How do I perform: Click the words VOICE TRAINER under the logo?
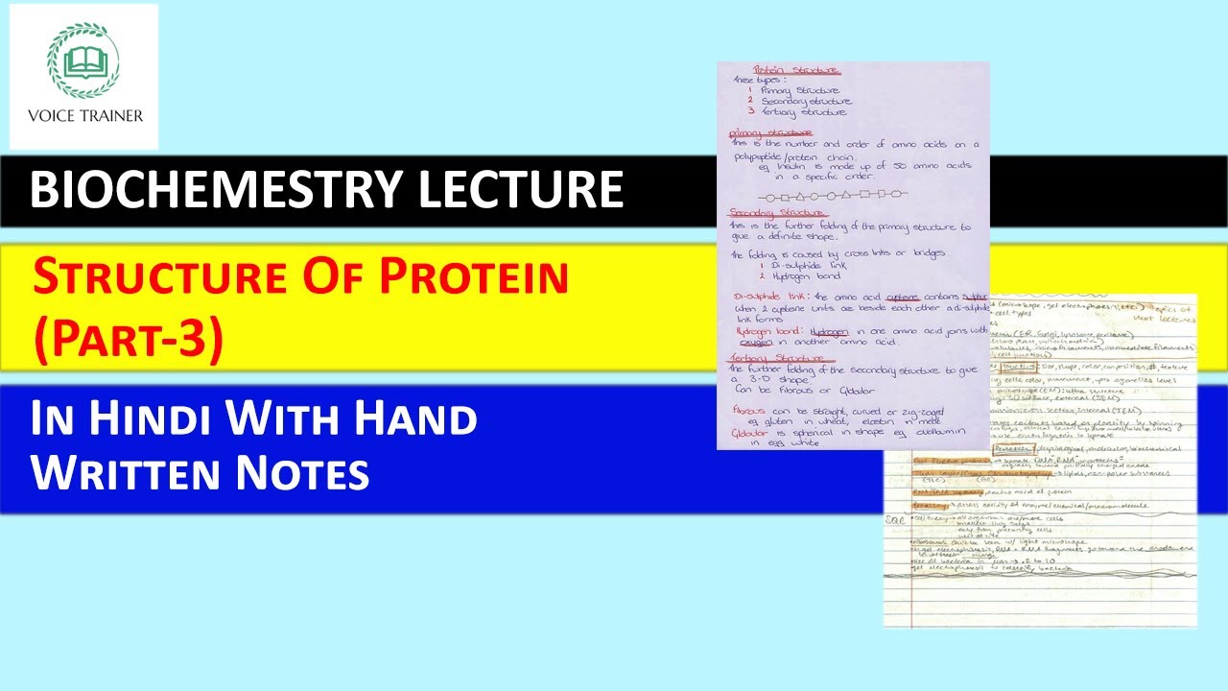pos(83,115)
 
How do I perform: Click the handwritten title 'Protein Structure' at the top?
pos(796,70)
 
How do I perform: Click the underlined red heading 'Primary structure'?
pos(770,132)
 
